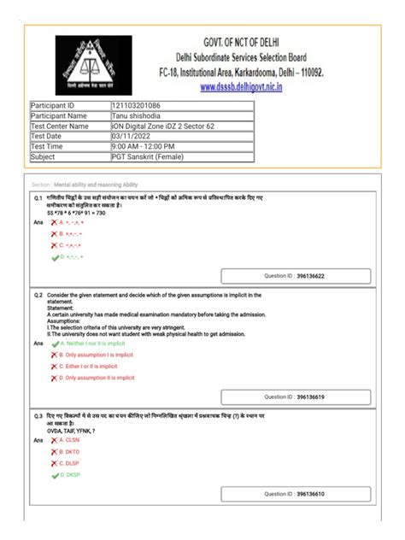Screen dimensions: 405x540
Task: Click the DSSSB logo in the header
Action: click(x=93, y=63)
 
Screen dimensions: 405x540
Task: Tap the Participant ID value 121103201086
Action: click(x=137, y=105)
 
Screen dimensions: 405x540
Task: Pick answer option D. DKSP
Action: click(x=69, y=473)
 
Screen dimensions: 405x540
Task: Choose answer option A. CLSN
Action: click(x=69, y=440)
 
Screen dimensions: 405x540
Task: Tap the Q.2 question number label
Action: click(x=38, y=294)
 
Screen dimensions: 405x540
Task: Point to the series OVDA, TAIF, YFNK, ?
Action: click(x=71, y=431)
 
